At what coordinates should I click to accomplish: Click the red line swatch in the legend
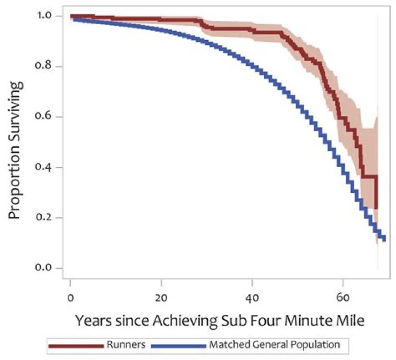click(78, 346)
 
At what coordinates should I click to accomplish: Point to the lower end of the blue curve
click(384, 238)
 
